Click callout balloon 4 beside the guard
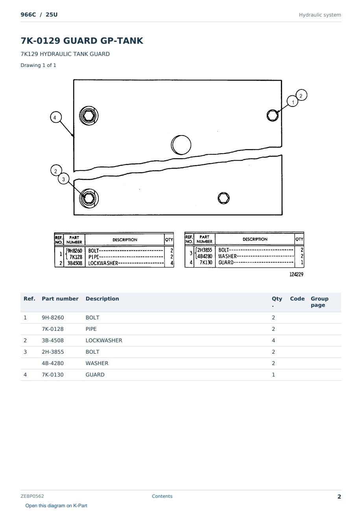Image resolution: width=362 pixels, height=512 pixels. point(56,117)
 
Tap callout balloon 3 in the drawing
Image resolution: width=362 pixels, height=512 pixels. point(63,179)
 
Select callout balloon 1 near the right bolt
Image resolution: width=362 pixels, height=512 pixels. point(292,102)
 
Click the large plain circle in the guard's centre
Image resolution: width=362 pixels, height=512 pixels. point(181,145)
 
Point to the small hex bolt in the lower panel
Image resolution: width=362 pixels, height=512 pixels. point(223,198)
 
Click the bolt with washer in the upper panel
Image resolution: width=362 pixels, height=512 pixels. point(89,116)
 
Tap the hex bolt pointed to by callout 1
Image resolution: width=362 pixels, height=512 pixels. point(272,115)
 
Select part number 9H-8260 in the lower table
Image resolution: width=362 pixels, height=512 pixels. point(53,317)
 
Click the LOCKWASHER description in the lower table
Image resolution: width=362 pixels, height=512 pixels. point(104,340)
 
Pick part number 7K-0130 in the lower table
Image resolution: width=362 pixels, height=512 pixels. point(53,375)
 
